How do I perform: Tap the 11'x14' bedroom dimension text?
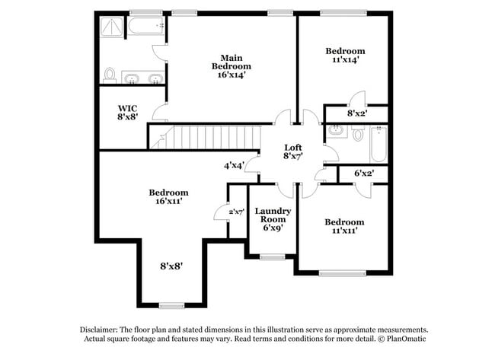tap(345, 62)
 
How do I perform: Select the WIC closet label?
tap(127, 108)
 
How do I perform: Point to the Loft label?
tap(294, 148)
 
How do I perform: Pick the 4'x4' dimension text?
tap(234, 165)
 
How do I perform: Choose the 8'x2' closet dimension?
tap(356, 113)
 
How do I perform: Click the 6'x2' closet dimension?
tap(365, 174)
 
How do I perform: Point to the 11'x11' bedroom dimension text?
tap(345, 232)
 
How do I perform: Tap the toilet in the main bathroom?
tap(110, 75)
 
